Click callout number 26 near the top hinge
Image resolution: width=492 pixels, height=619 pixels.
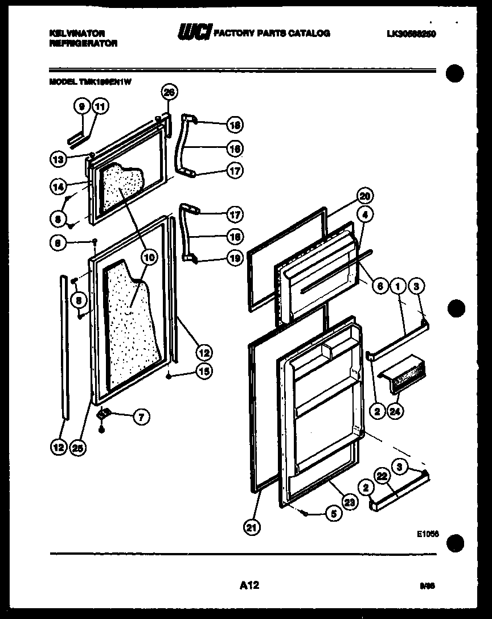click(x=169, y=91)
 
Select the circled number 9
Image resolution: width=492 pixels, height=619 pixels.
click(x=82, y=106)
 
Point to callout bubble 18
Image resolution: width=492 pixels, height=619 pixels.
click(x=234, y=125)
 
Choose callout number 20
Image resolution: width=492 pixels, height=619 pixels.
click(x=365, y=196)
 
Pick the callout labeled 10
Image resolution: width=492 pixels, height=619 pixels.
click(x=149, y=257)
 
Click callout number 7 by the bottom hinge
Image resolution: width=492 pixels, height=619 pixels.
click(x=140, y=417)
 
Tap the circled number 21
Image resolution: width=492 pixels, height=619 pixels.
click(x=251, y=527)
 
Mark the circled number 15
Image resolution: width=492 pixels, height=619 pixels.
click(x=203, y=372)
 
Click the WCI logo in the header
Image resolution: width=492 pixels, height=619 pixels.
click(x=194, y=33)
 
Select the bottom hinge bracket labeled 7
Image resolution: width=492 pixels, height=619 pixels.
click(x=104, y=414)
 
